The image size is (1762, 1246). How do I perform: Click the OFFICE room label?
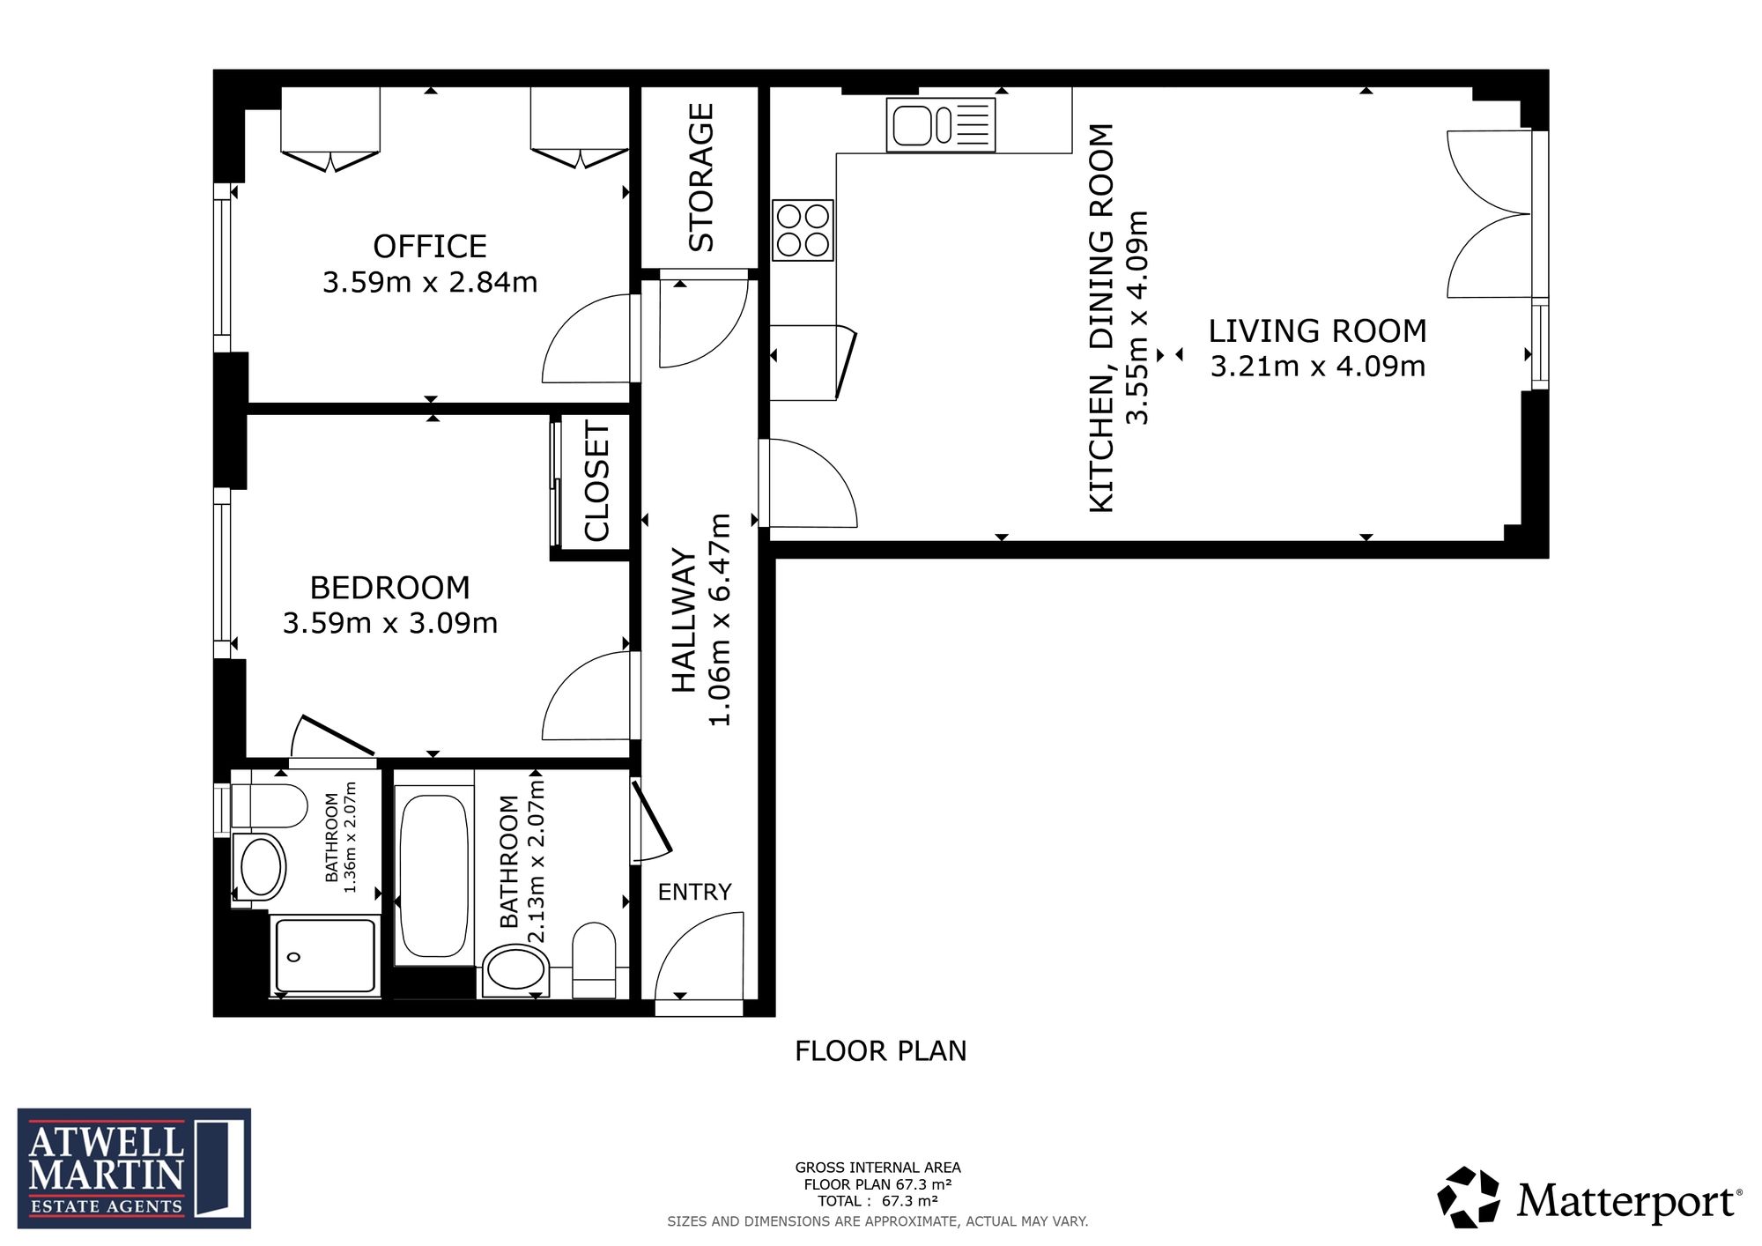430,246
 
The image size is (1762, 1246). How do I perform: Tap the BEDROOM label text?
389,588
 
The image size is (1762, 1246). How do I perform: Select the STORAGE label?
700,177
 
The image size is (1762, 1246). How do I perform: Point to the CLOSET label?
596,481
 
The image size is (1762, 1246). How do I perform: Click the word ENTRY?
694,893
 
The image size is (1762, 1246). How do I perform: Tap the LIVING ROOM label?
1317,331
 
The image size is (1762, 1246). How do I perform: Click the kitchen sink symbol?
941,124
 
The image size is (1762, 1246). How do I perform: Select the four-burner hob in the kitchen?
803,230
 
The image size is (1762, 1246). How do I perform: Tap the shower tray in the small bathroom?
326,956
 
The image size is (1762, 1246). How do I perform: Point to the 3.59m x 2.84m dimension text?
430,282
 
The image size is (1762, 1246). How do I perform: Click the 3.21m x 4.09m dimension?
1317,366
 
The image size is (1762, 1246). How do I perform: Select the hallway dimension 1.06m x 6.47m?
720,619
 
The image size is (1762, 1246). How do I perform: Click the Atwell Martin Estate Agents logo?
134,1168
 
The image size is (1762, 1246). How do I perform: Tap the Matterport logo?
1590,1198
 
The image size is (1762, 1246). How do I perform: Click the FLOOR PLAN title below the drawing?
881,1051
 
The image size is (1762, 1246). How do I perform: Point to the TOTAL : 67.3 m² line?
877,1201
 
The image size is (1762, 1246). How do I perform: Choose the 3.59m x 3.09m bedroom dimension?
390,623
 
